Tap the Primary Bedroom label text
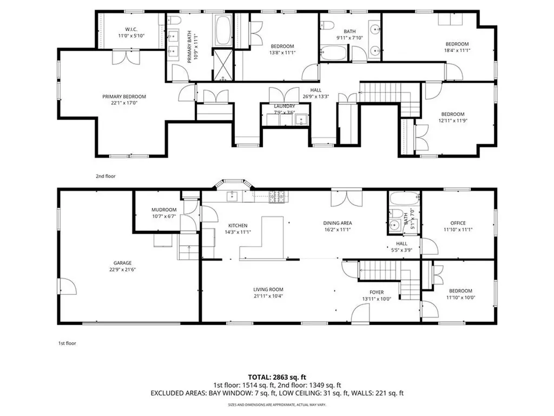(124, 96)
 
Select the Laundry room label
(285, 106)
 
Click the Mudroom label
(164, 210)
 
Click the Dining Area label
(337, 223)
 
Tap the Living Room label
(268, 289)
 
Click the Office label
(458, 223)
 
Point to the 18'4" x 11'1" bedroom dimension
(457, 50)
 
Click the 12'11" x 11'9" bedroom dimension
(452, 120)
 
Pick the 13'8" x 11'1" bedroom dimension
(282, 53)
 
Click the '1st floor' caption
(68, 343)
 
